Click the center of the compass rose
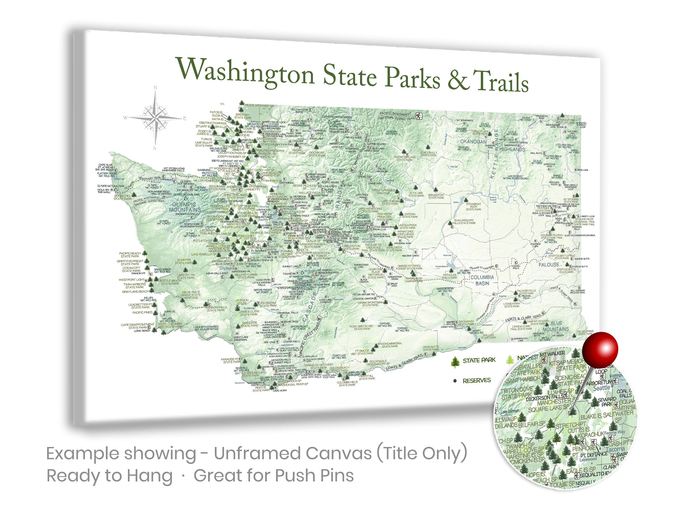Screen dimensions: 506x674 pyautogui.click(x=155, y=117)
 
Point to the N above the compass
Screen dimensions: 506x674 pyautogui.click(x=155, y=88)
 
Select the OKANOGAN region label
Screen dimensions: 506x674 pyautogui.click(x=473, y=141)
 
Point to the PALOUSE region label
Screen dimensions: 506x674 pyautogui.click(x=548, y=265)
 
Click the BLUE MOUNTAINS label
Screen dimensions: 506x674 pyautogui.click(x=555, y=326)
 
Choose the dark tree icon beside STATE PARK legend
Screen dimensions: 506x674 pyautogui.click(x=455, y=362)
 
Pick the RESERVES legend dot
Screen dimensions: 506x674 pyautogui.click(x=455, y=381)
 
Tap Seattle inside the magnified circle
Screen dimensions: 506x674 pyautogui.click(x=602, y=388)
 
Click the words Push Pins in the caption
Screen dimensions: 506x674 pyautogui.click(x=314, y=475)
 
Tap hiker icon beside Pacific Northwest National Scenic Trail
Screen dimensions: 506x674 pyautogui.click(x=419, y=116)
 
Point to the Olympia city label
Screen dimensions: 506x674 pyautogui.click(x=227, y=268)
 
